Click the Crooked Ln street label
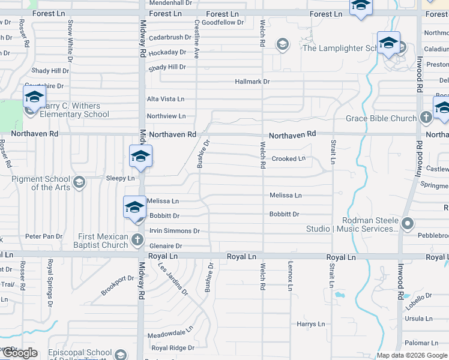(x=288, y=159)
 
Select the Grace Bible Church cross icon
(x=426, y=118)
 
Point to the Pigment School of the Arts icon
(x=79, y=182)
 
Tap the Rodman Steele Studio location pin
(x=408, y=224)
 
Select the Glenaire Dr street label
(x=165, y=246)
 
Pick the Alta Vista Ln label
(x=166, y=99)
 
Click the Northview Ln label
(x=166, y=116)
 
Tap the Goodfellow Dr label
(x=223, y=22)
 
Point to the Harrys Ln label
(x=310, y=324)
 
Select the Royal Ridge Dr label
(x=173, y=348)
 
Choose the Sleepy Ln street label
(x=120, y=178)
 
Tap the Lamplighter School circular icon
(x=282, y=44)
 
